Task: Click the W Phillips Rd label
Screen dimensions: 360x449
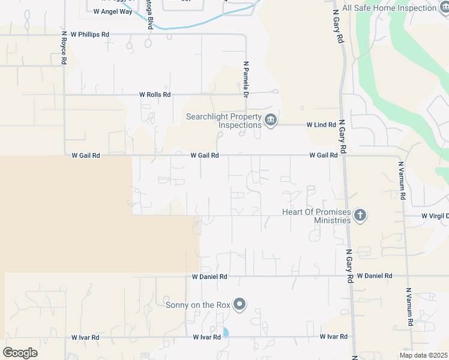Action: pyautogui.click(x=89, y=35)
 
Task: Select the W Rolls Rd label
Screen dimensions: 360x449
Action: pyautogui.click(x=155, y=95)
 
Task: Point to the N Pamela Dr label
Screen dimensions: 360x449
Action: pyautogui.click(x=246, y=79)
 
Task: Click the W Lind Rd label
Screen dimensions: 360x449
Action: pyautogui.click(x=321, y=125)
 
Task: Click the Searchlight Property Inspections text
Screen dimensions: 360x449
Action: pyautogui.click(x=223, y=121)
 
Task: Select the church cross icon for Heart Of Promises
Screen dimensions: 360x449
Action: pyautogui.click(x=360, y=215)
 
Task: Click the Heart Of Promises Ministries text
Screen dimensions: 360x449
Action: pyautogui.click(x=316, y=216)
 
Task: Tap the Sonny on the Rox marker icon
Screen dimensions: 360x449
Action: pyautogui.click(x=240, y=305)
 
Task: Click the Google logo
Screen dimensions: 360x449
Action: pyautogui.click(x=20, y=353)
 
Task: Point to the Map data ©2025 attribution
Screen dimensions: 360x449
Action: pyautogui.click(x=423, y=355)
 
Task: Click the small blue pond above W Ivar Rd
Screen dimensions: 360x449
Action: pyautogui.click(x=226, y=331)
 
